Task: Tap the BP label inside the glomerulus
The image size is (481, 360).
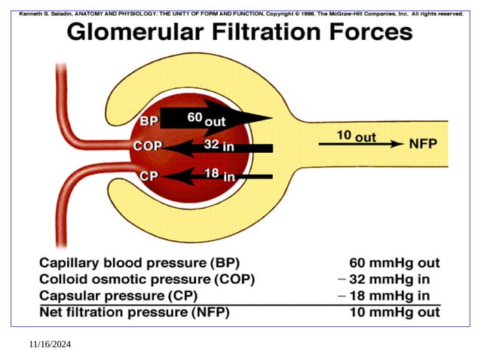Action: [x=149, y=121]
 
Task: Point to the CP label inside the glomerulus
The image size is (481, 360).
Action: [x=149, y=176]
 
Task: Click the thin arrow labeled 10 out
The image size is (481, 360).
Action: [x=360, y=144]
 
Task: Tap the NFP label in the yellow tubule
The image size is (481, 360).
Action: [x=424, y=143]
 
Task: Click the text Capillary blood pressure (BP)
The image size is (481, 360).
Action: [x=139, y=264]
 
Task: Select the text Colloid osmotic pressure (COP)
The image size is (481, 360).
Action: [x=147, y=279]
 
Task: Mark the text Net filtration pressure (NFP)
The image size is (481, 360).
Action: [x=134, y=312]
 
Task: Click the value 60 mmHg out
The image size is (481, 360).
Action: [x=394, y=264]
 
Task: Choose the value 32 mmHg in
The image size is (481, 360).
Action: [x=394, y=279]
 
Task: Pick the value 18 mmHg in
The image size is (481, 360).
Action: [x=394, y=295]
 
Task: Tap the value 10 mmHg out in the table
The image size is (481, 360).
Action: [x=394, y=312]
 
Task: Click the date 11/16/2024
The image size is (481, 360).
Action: [x=50, y=344]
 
